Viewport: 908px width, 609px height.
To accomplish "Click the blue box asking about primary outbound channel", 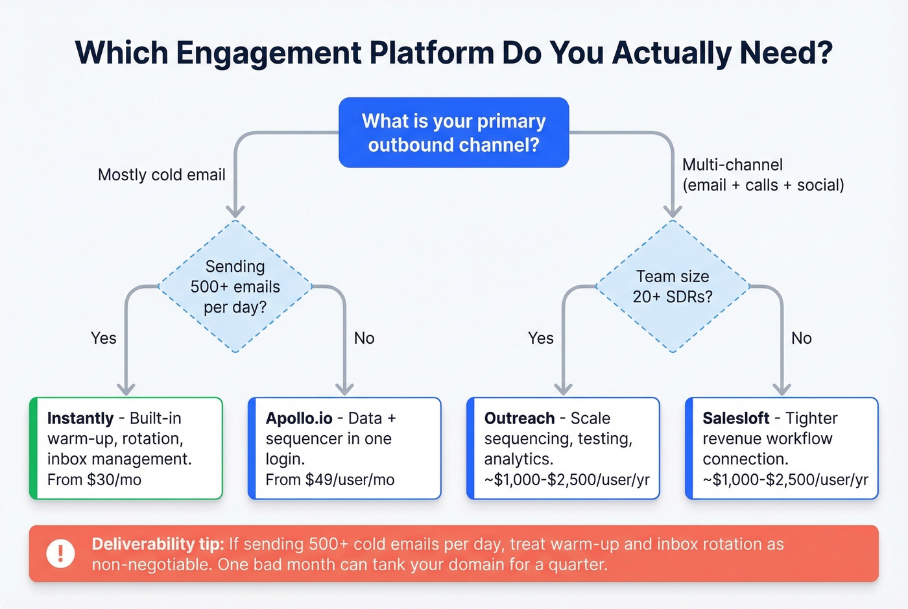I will click(x=453, y=132).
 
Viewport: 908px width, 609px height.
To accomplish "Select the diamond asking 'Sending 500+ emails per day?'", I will click(x=235, y=286).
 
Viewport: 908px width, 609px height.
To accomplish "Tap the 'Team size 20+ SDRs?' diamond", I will click(x=673, y=286).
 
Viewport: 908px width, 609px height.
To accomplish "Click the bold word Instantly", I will click(x=80, y=418).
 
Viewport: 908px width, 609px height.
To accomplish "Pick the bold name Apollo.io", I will click(x=299, y=418).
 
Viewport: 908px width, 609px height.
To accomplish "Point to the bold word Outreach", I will click(x=520, y=418).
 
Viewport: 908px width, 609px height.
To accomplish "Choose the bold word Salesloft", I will click(x=736, y=418).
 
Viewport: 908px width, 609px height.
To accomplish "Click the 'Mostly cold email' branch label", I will click(x=161, y=174).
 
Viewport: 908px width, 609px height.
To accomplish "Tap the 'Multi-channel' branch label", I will click(x=732, y=165).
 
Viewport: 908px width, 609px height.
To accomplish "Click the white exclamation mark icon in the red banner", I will click(x=61, y=553).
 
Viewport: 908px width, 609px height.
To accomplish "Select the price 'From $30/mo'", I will click(x=94, y=480).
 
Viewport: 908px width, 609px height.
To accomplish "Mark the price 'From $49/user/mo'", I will click(x=329, y=480).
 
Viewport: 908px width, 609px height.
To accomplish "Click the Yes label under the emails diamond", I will click(x=104, y=338).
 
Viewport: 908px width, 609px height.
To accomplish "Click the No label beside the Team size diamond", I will click(x=801, y=338).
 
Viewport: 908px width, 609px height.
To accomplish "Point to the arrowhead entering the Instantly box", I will click(x=126, y=388).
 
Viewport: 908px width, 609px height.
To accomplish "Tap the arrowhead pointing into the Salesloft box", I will click(x=782, y=388).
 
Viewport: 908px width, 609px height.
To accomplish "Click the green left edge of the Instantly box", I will click(x=34, y=448).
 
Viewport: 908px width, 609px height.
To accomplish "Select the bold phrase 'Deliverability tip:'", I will click(x=158, y=543).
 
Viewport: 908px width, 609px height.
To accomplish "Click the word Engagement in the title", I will click(x=269, y=53).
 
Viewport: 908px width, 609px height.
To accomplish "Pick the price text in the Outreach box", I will click(x=566, y=480).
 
